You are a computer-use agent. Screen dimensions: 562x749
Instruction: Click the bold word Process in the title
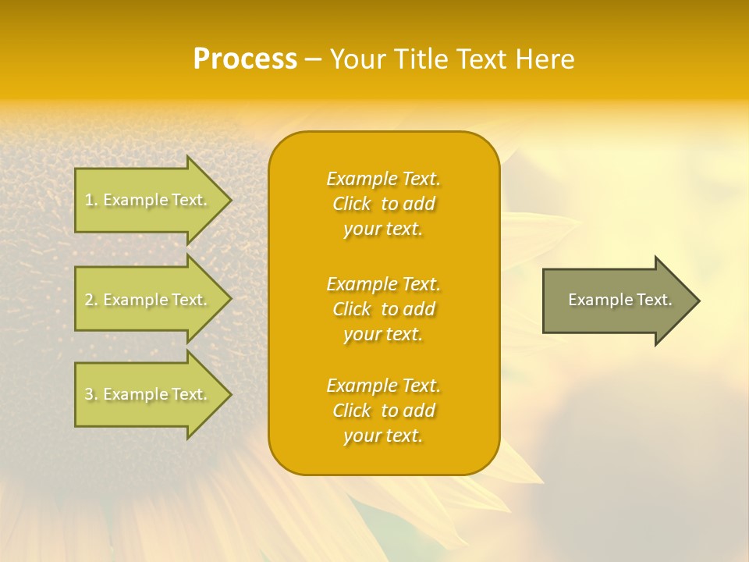(245, 59)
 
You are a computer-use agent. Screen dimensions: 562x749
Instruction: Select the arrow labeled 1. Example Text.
(148, 200)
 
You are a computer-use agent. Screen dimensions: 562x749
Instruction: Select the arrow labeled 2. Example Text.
(148, 300)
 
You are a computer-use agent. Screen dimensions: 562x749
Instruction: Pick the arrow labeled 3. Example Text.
(148, 394)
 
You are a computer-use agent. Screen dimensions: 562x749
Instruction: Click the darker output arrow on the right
(616, 301)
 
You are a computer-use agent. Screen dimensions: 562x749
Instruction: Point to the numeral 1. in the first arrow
(91, 200)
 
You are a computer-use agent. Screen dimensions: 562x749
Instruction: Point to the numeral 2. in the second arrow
(91, 300)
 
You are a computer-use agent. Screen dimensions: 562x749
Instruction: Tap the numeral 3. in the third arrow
(91, 394)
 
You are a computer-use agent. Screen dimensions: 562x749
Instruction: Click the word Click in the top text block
(351, 204)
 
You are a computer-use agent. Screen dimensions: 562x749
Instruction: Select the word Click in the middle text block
(351, 309)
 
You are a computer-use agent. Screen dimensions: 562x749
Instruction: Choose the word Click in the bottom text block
(351, 411)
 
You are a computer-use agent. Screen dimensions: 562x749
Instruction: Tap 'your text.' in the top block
(383, 229)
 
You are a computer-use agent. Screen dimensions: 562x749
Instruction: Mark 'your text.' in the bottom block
(383, 436)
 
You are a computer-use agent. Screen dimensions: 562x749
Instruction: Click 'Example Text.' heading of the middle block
(383, 284)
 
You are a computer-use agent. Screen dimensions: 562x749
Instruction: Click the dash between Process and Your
(314, 59)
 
